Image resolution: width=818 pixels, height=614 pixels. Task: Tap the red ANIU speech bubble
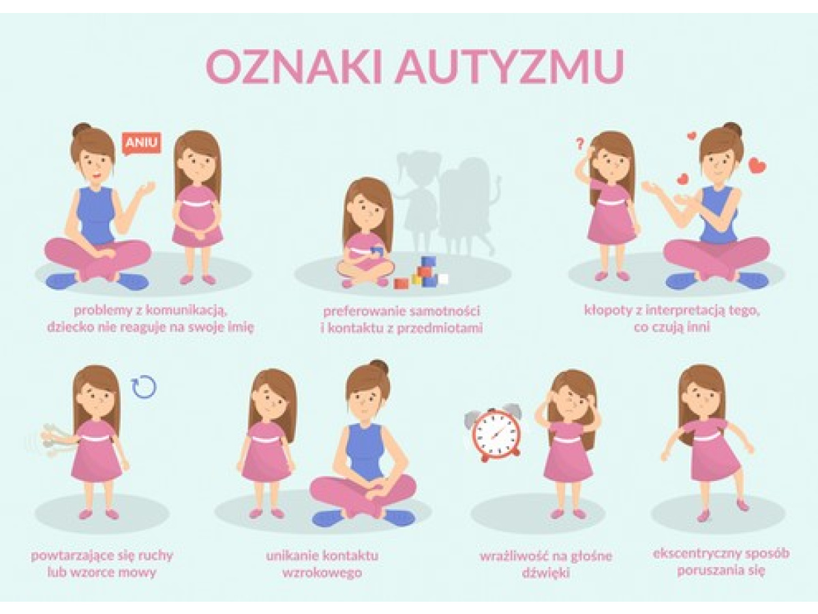pos(141,143)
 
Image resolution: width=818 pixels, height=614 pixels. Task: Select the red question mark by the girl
pos(579,144)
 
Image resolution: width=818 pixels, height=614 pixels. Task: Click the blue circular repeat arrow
pos(144,387)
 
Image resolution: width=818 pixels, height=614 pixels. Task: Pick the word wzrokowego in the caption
pos(322,573)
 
